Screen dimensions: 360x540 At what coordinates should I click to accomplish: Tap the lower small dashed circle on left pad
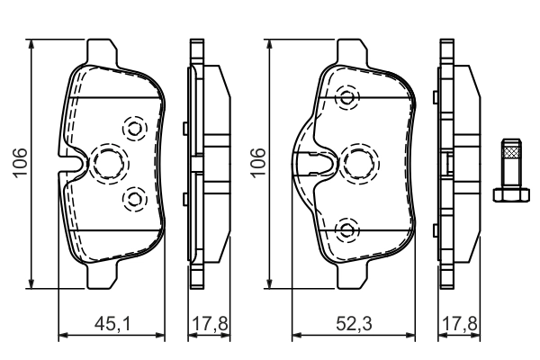[134, 196]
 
